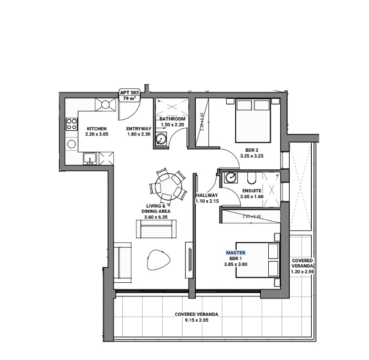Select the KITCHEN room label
click(x=97, y=129)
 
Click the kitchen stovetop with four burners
click(x=71, y=125)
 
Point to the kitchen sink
click(x=90, y=158)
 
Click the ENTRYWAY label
click(x=139, y=129)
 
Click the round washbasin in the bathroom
click(x=162, y=139)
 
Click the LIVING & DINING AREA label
click(x=155, y=209)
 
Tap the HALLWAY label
click(x=206, y=196)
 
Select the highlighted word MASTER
click(x=235, y=253)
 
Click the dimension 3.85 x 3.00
click(x=235, y=264)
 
